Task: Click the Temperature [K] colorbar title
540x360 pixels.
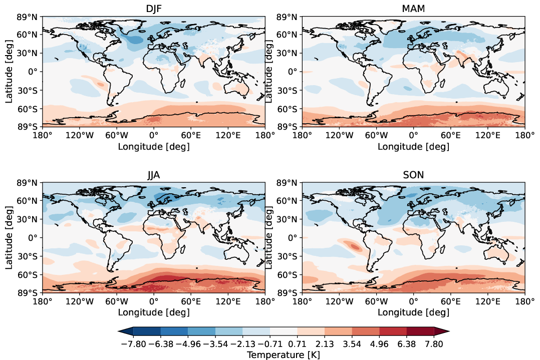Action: (x=284, y=354)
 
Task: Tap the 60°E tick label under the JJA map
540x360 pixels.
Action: (x=191, y=301)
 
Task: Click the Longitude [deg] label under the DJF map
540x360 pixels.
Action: (x=153, y=146)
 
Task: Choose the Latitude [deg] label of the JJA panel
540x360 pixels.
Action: (x=10, y=238)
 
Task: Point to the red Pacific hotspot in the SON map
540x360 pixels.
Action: (x=355, y=246)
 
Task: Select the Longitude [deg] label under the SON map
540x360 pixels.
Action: (x=413, y=312)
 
